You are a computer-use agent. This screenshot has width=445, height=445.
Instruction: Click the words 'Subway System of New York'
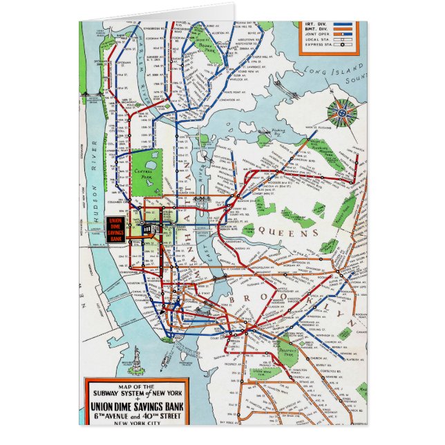pyautogui.click(x=135, y=393)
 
